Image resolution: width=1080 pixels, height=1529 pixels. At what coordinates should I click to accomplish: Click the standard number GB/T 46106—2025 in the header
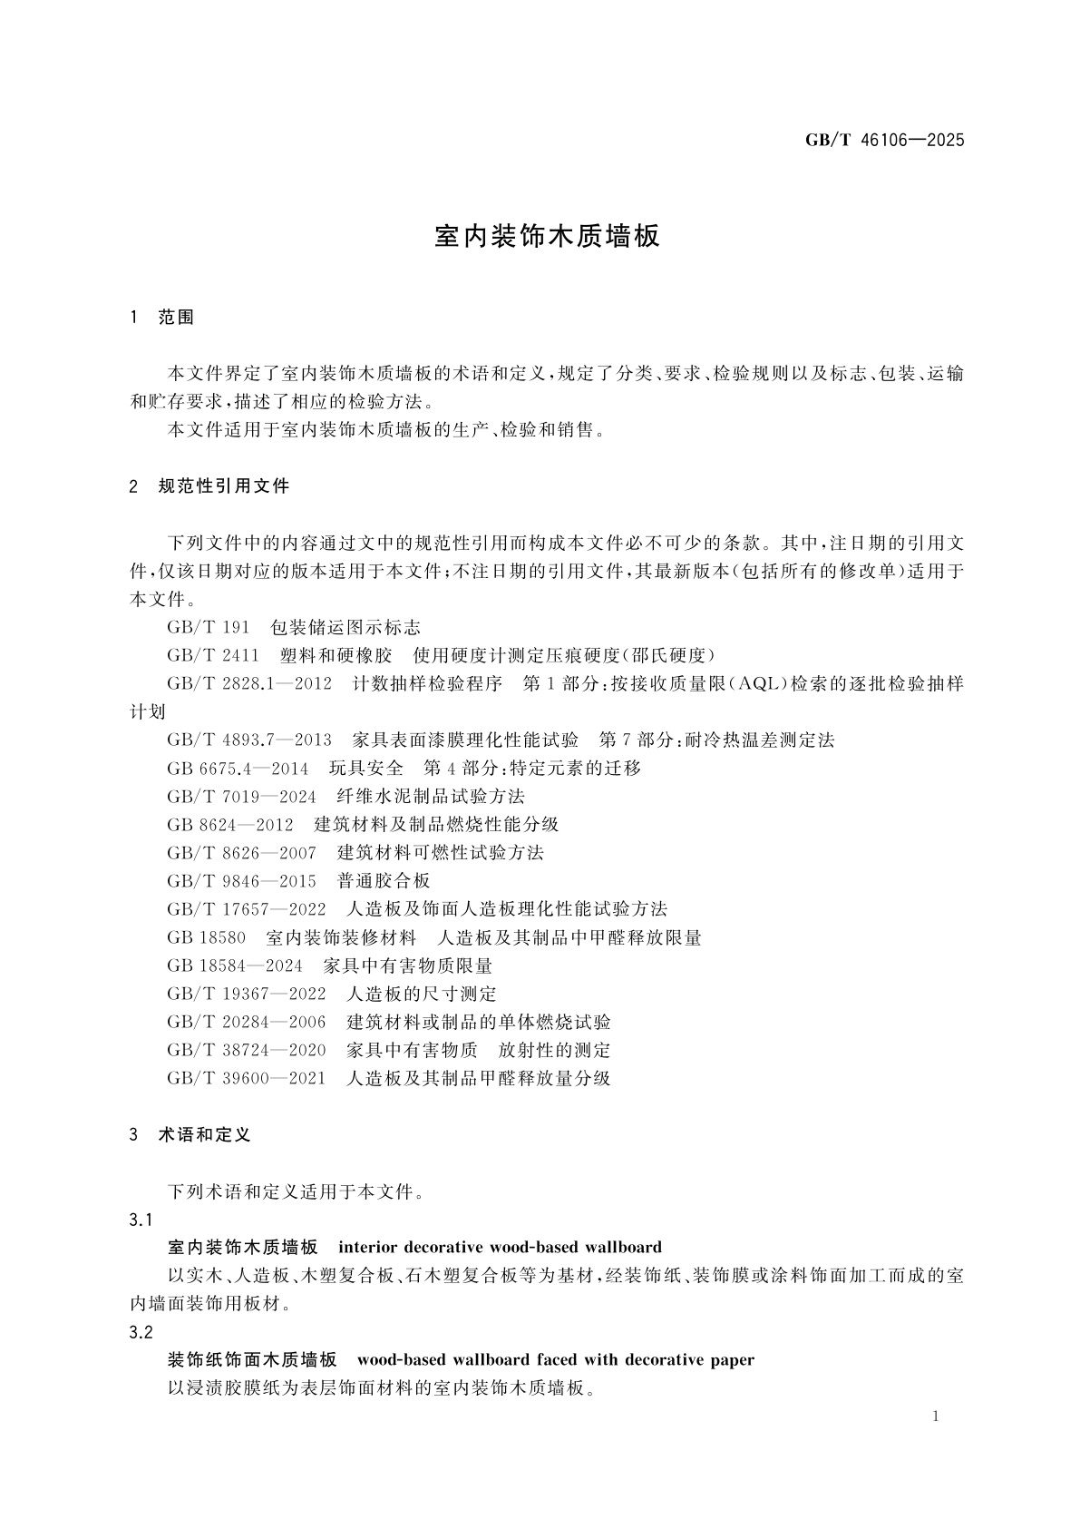point(884,140)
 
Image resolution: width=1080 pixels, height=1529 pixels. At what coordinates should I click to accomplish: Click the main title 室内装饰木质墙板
point(548,237)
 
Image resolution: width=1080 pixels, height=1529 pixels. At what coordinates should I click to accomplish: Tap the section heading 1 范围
point(162,318)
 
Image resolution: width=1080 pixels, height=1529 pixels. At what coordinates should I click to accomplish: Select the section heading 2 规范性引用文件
point(209,486)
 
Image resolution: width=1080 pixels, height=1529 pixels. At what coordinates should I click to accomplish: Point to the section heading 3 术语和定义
point(190,1135)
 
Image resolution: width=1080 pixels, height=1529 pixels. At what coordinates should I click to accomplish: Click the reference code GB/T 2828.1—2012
point(249,684)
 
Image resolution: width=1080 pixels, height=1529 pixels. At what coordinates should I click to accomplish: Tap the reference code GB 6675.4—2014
point(238,769)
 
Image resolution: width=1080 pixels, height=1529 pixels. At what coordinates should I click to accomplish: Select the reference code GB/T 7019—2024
point(241,797)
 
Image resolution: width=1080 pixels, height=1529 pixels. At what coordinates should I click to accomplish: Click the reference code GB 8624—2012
point(230,825)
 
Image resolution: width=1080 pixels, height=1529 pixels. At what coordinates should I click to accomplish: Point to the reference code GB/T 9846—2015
point(241,881)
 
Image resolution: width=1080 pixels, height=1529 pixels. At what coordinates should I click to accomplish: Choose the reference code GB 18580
point(207,937)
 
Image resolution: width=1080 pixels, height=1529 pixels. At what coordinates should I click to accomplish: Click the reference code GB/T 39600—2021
point(246,1078)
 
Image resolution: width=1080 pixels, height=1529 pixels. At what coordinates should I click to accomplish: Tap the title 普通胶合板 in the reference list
point(384,881)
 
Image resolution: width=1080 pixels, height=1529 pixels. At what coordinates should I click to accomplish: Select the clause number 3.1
point(141,1220)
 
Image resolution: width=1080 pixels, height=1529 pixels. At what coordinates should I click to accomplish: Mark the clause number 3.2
point(141,1332)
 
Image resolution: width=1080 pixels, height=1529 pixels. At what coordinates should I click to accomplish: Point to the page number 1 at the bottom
point(936,1416)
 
